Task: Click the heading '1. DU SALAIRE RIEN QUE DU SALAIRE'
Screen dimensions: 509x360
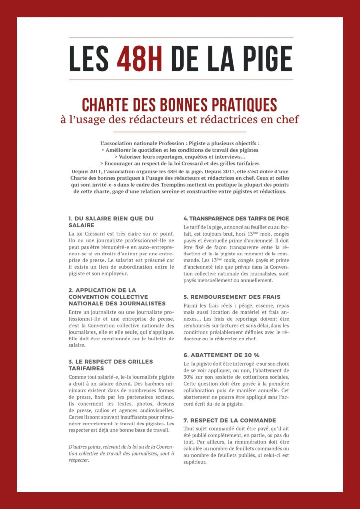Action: pos(110,221)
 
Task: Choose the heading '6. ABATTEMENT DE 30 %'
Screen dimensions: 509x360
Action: pos(221,355)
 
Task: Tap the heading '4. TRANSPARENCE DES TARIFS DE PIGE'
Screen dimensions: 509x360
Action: pos(236,218)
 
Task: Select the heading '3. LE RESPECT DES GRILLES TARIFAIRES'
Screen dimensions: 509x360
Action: pos(110,365)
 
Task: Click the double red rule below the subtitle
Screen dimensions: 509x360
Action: pos(180,132)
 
